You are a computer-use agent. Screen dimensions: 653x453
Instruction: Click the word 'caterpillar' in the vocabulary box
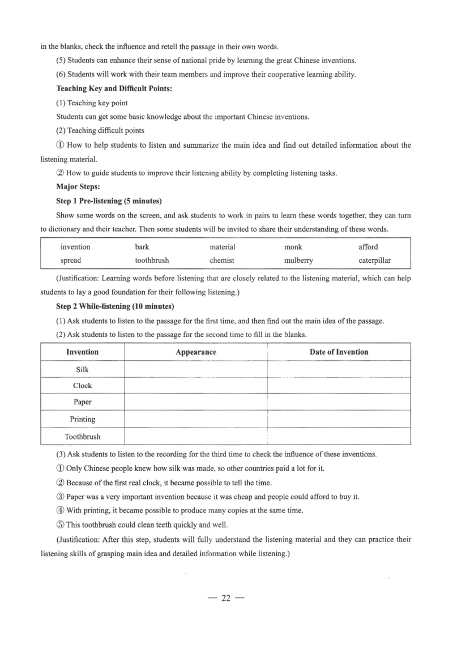click(374, 261)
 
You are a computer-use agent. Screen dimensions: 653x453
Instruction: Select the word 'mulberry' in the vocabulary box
click(298, 261)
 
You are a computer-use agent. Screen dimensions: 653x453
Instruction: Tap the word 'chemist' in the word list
click(222, 261)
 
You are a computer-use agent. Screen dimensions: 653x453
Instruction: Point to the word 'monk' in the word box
click(293, 247)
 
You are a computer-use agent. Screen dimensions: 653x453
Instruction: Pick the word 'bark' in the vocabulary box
click(142, 247)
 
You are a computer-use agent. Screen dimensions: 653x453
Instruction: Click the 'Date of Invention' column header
click(339, 352)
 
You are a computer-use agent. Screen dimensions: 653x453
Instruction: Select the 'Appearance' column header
click(196, 352)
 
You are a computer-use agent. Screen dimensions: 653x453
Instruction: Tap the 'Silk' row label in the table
click(82, 369)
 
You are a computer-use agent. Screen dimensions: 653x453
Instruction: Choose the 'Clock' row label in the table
click(82, 386)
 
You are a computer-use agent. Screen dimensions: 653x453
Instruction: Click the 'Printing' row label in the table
click(82, 419)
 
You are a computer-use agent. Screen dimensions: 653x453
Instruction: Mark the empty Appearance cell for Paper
click(195, 402)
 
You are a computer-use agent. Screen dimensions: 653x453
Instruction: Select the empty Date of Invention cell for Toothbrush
click(339, 437)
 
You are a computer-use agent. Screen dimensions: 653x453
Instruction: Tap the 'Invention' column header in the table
click(82, 352)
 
